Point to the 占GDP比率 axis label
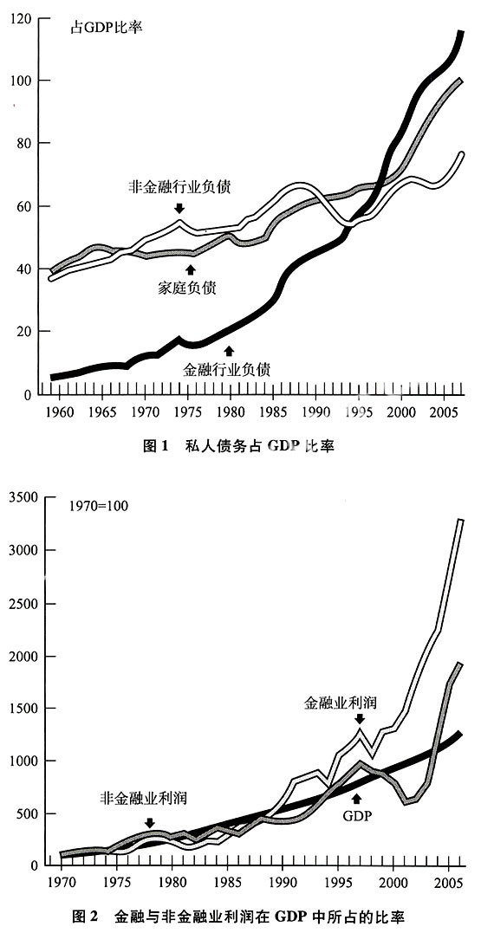[107, 27]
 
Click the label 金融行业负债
[226, 369]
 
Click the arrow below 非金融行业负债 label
[179, 208]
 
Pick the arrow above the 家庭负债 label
[192, 269]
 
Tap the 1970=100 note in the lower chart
[99, 504]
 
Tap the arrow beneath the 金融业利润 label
[360, 718]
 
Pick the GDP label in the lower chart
[356, 816]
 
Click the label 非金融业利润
[144, 798]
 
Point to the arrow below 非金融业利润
[150, 822]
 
